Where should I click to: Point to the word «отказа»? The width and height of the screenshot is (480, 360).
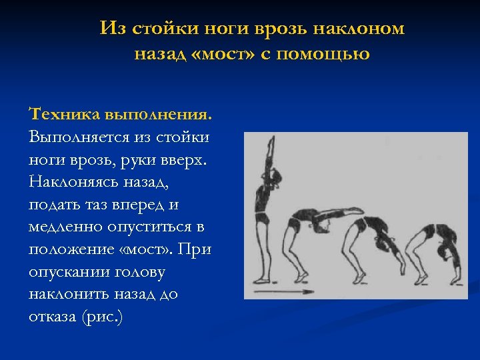click(52, 317)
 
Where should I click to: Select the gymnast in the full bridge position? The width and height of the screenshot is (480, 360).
click(437, 250)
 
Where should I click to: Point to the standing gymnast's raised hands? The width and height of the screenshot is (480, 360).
click(271, 142)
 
